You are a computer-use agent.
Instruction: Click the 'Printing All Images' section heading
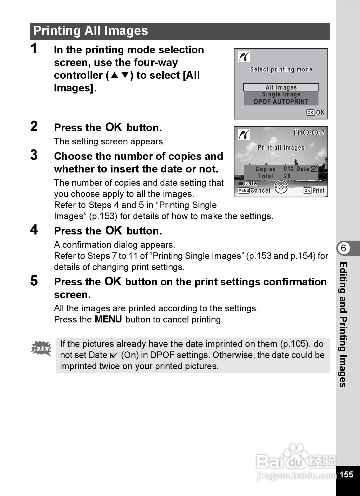click(x=91, y=31)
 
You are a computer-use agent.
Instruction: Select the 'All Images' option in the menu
click(x=281, y=87)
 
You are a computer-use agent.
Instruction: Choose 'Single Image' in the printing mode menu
click(x=281, y=95)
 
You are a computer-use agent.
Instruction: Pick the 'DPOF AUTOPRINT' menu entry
click(x=281, y=102)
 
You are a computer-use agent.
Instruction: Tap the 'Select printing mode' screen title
click(x=281, y=70)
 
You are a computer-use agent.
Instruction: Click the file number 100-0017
click(x=312, y=133)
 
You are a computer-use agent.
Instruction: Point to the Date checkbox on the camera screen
click(x=314, y=169)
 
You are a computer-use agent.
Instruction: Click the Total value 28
click(x=287, y=176)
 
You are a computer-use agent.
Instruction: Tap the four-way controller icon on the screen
click(x=281, y=187)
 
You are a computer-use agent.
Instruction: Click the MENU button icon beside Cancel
click(x=244, y=191)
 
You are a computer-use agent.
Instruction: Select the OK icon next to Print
click(x=307, y=191)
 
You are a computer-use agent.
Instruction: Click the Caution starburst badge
click(x=41, y=348)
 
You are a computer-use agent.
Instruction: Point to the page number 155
click(x=346, y=474)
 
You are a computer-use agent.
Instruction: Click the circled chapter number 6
click(x=343, y=248)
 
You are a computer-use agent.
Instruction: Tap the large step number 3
click(x=34, y=155)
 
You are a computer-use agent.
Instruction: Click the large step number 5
click(x=34, y=281)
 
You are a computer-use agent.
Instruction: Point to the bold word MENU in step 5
click(x=108, y=320)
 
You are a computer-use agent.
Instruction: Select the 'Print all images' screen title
click(x=281, y=148)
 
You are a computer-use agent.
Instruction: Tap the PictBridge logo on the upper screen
click(x=244, y=57)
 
